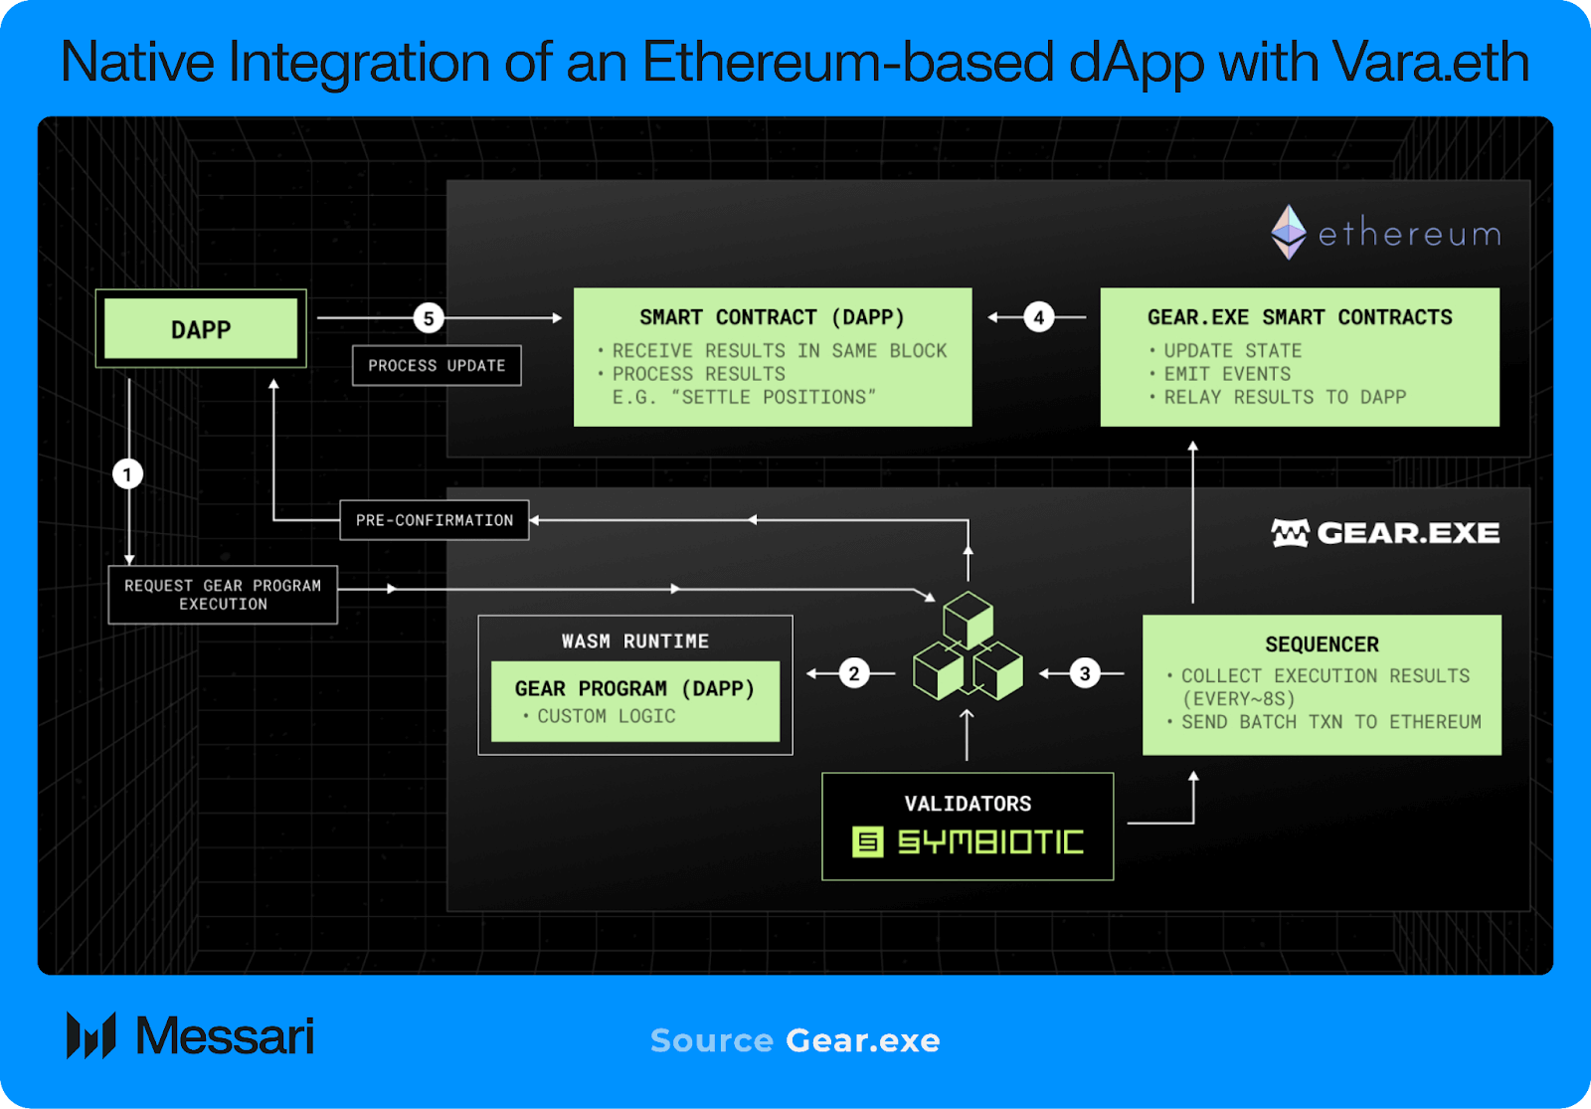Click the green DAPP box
coord(201,329)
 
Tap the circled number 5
coord(429,318)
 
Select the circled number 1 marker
coord(127,473)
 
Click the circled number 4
coord(1038,317)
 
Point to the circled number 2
coord(854,673)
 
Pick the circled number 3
coord(1085,673)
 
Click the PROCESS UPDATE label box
coord(437,366)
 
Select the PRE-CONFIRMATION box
coord(435,520)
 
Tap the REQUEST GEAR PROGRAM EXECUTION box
coord(223,595)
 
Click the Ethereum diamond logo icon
coord(1289,232)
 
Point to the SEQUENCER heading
coord(1322,645)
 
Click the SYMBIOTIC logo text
coord(989,842)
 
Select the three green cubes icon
coord(968,647)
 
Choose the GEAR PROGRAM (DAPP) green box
coord(634,701)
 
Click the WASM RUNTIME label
coord(634,642)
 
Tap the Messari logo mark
coord(90,1035)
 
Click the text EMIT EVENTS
coord(1227,374)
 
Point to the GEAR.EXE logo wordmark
coord(1385,533)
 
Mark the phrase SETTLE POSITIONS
coord(774,397)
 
